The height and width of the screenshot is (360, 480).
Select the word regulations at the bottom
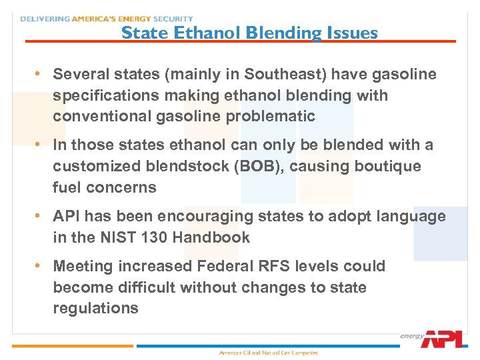click(x=95, y=308)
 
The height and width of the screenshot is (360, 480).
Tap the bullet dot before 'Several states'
click(x=39, y=73)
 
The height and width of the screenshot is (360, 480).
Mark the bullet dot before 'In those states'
click(x=39, y=145)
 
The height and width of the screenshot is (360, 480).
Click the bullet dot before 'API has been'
click(x=39, y=216)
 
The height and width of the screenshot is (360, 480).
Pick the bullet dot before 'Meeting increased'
click(x=39, y=265)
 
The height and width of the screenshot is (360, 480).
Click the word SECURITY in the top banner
click(x=173, y=19)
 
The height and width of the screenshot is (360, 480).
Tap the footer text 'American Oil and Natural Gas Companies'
click(x=269, y=352)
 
